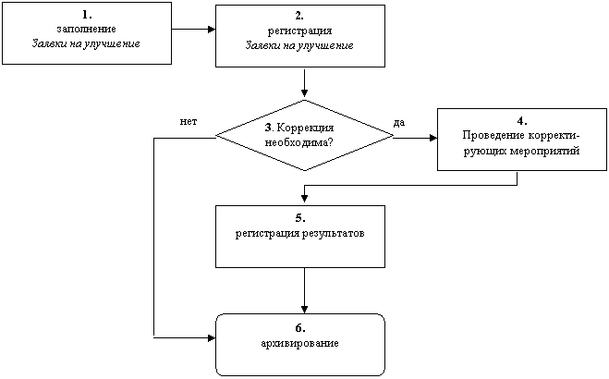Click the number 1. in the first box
(87, 15)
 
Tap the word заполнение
(86, 30)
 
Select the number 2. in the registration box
(299, 16)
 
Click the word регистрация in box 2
(299, 31)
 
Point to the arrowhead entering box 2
(212, 30)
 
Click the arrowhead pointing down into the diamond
(305, 92)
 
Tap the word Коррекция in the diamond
(305, 128)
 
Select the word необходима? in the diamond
(298, 142)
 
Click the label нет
(189, 121)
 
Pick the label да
(399, 123)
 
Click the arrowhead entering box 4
(433, 138)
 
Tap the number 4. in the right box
(522, 121)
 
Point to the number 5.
(300, 218)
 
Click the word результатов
(334, 234)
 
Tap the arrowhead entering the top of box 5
(305, 198)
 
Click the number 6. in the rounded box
(300, 328)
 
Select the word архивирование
(299, 344)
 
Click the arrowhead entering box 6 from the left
(212, 338)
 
